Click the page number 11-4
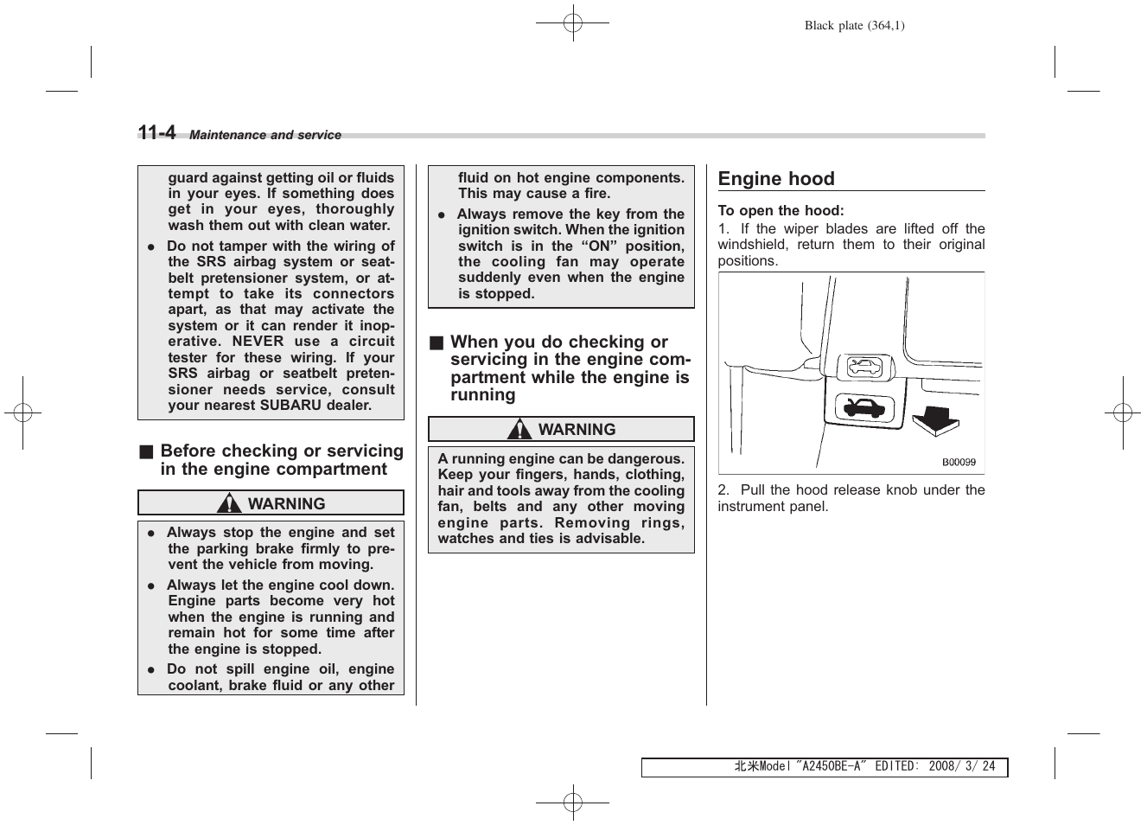coord(156,133)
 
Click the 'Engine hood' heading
coord(776,179)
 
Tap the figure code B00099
coord(959,463)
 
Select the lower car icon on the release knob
coord(859,407)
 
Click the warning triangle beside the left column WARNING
coord(229,503)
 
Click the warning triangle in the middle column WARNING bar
coord(519,429)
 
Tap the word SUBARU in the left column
coord(309,405)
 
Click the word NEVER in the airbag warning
coord(258,341)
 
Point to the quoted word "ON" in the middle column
coord(599,246)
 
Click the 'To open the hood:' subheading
coord(781,210)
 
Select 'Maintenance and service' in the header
coord(265,135)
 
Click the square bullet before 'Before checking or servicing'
coord(147,451)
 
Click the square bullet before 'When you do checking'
coord(436,342)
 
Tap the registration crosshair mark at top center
coord(572,23)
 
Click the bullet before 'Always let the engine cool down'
coord(150,585)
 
